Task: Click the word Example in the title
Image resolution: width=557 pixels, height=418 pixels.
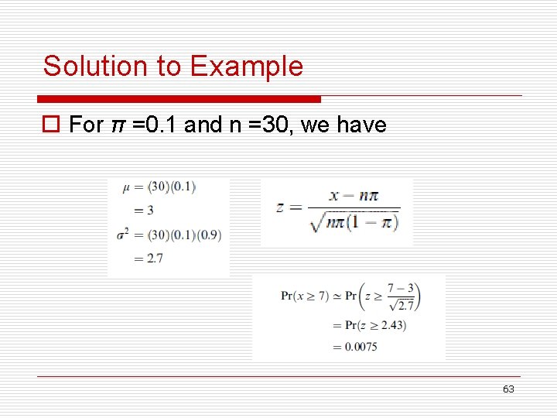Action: [246, 67]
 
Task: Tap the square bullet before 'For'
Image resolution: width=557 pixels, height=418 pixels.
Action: [52, 125]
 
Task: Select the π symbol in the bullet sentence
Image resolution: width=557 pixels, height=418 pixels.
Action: [118, 125]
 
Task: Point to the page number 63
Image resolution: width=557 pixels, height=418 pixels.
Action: [507, 389]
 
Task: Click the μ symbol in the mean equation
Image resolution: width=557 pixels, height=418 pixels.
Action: [126, 187]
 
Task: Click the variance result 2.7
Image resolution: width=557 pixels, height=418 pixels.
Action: [154, 259]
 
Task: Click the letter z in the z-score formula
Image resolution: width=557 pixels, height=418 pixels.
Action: [281, 207]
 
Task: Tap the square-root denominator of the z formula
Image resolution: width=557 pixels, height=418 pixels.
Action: [353, 222]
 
